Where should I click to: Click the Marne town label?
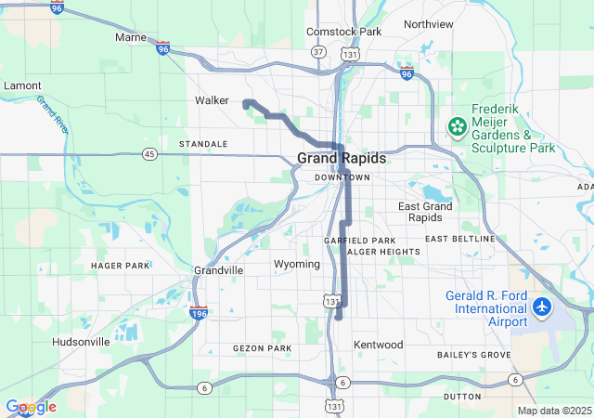(131, 37)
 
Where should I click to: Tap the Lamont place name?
(22, 85)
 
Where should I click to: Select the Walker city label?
(212, 100)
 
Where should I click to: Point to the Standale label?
(203, 144)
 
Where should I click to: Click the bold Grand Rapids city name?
(342, 159)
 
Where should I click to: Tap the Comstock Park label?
(344, 32)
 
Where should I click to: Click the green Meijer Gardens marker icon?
(457, 125)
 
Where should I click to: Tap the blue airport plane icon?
(541, 306)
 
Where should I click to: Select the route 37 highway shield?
(318, 52)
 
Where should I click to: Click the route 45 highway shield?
(149, 153)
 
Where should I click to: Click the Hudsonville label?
(81, 341)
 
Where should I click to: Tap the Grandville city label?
(219, 269)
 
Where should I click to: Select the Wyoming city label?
(297, 265)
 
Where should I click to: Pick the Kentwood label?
(379, 345)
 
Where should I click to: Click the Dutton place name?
(462, 397)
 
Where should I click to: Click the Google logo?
(31, 407)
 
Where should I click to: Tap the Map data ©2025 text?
(554, 411)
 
